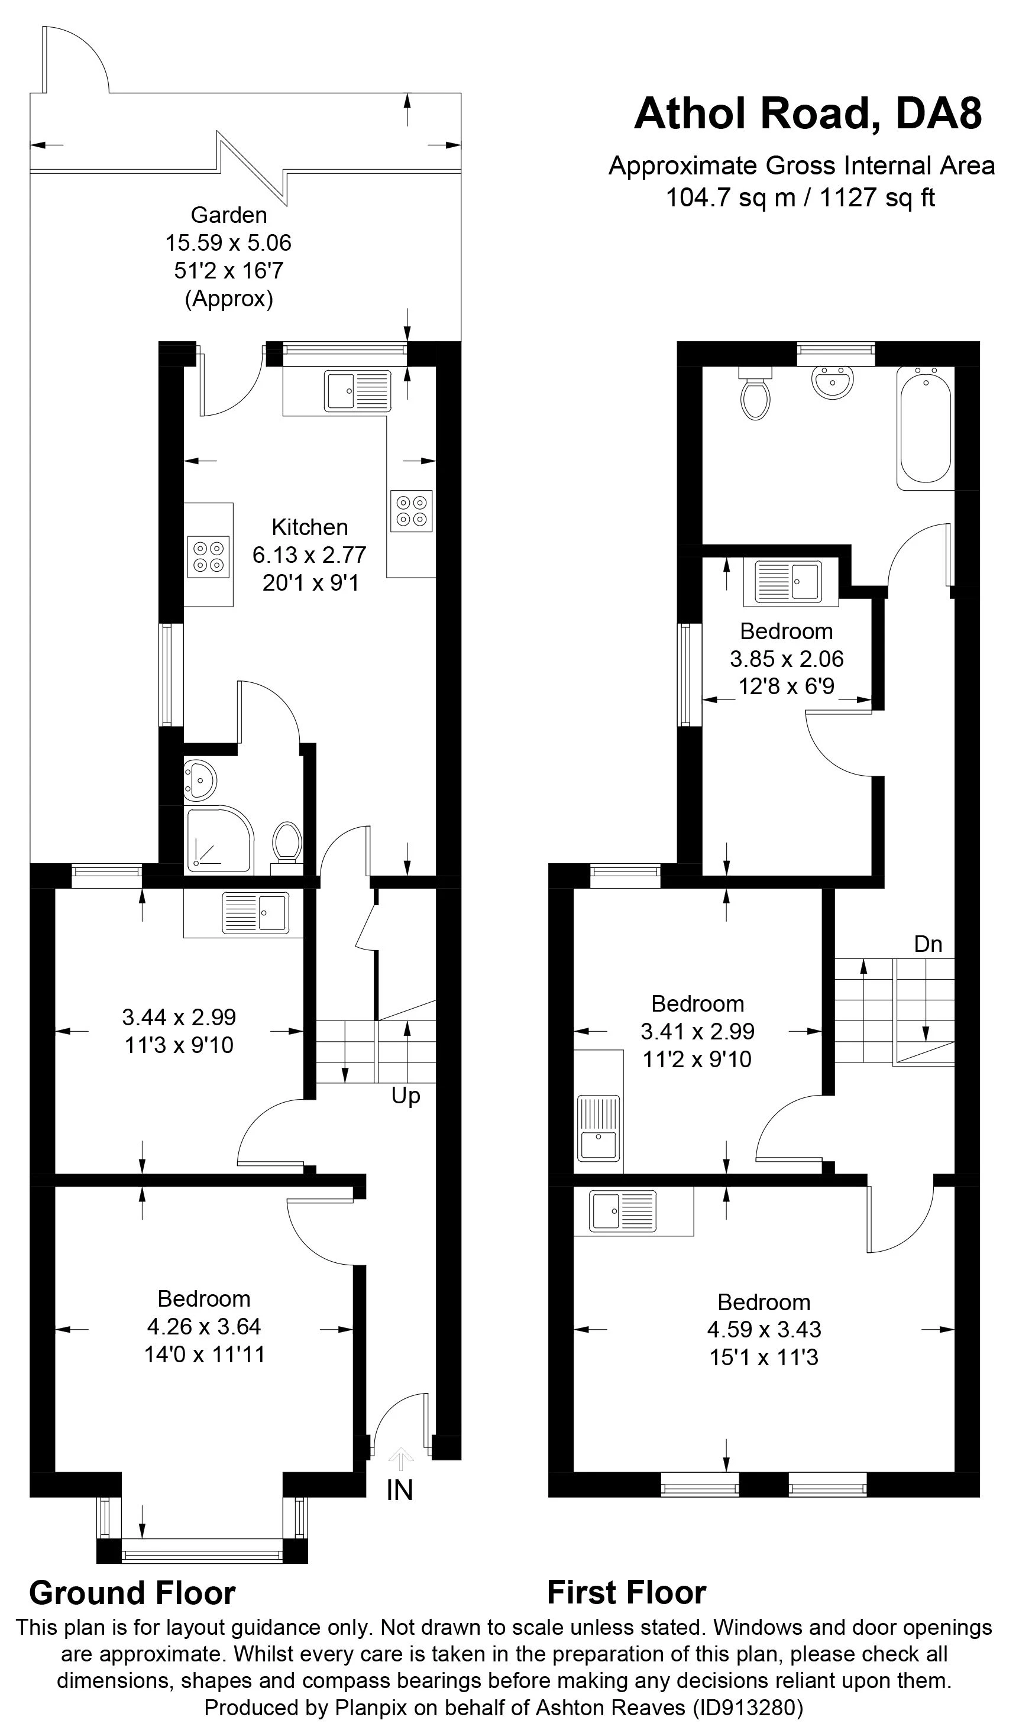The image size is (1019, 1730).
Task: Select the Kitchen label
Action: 310,527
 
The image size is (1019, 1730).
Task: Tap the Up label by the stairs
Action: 405,1096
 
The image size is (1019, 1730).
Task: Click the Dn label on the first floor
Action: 928,945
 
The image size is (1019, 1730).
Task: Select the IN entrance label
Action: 400,1491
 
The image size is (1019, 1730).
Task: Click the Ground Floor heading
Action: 132,1593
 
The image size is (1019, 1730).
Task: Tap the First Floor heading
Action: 626,1593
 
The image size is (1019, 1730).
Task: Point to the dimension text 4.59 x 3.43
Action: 764,1329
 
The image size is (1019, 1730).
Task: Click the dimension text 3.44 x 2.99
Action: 179,1017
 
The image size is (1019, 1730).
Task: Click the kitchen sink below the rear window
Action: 357,391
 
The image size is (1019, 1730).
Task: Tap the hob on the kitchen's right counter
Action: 410,511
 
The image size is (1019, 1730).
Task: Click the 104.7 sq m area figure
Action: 730,197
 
